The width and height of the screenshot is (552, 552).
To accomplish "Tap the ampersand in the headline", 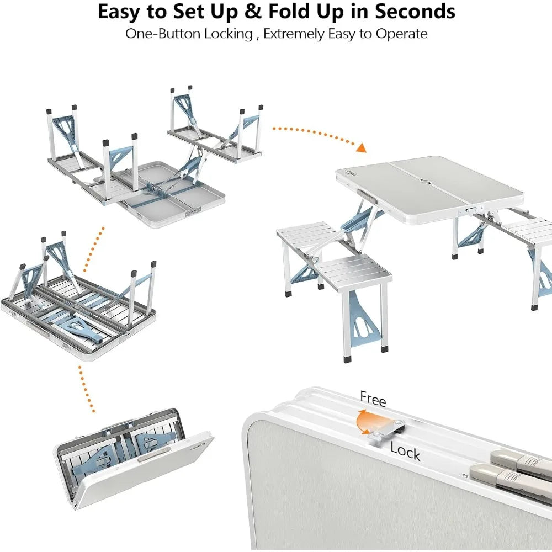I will (x=246, y=12).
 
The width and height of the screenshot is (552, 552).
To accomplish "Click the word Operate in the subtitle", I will (x=401, y=34).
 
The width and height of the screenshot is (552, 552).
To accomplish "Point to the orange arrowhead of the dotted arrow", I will (x=360, y=148).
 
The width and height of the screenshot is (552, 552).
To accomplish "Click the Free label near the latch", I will (x=373, y=399).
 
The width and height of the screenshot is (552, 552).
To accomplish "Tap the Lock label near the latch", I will (x=405, y=451).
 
